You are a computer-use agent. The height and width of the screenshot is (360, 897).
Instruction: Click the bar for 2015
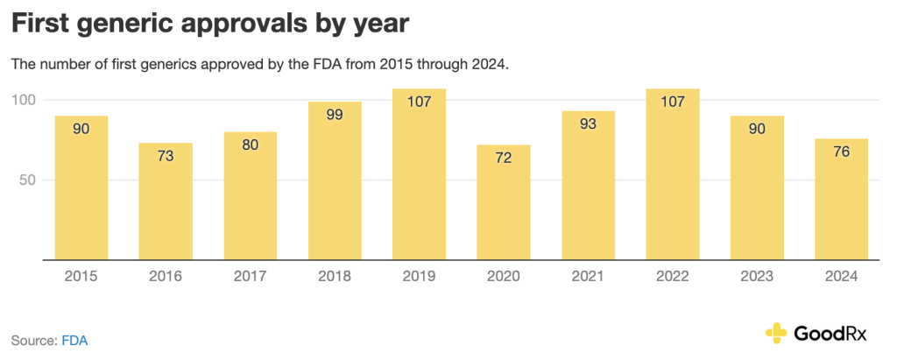pos(81,188)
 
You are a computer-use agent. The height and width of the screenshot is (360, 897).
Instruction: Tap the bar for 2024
pos(843,200)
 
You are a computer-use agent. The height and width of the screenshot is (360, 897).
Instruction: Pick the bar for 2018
pos(335,181)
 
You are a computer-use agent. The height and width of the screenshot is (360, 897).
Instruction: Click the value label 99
pos(335,116)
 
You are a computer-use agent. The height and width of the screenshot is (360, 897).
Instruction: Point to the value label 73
pos(166,158)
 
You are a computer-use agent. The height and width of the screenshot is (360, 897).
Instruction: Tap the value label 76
pos(843,152)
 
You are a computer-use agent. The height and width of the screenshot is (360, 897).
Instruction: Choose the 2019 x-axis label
pos(419,277)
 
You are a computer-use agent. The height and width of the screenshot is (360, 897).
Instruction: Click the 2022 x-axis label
pos(673,277)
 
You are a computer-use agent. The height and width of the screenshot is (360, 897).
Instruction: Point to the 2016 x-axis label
pos(166,277)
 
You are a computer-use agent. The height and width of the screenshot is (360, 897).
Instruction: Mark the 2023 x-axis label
pos(758,277)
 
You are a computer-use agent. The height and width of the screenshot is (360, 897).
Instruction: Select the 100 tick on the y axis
pos(24,100)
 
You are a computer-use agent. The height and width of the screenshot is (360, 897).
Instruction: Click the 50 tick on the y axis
pos(28,180)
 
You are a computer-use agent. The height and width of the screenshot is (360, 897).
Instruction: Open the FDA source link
pos(74,340)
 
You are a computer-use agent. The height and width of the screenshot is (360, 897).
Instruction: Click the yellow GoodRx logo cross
pos(776,333)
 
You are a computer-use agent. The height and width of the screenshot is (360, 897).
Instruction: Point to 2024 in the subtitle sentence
pos(489,65)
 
